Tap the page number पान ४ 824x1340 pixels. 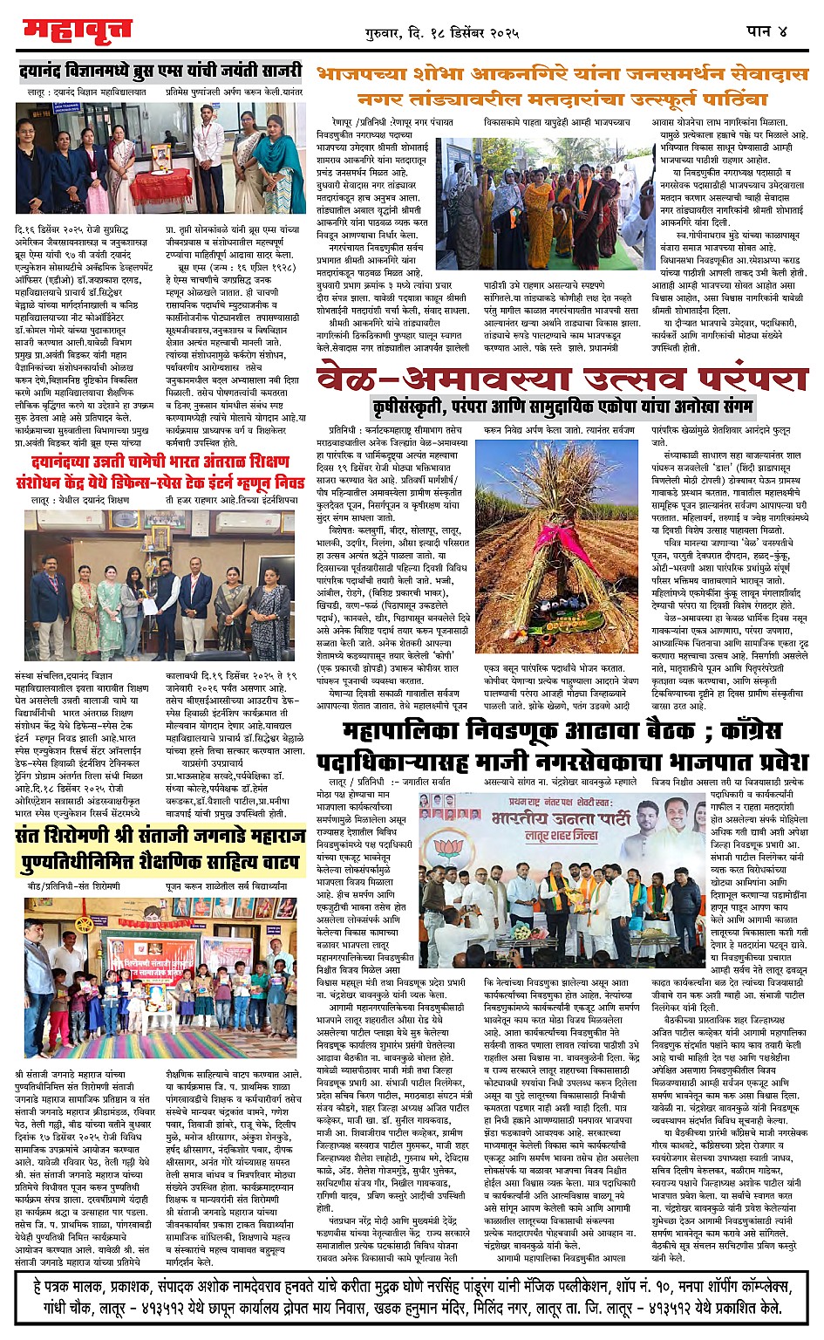click(766, 31)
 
